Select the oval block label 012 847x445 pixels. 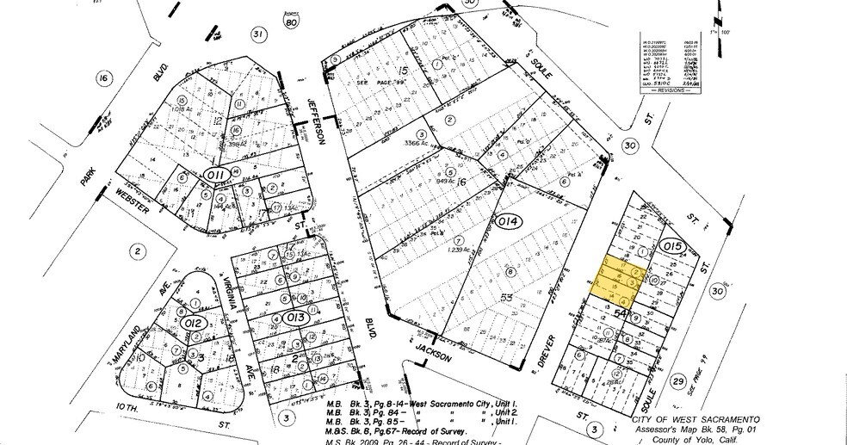pos(194,323)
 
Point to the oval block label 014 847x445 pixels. pos(509,222)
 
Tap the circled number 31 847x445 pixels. pos(257,34)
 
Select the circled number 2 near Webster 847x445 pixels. pos(136,251)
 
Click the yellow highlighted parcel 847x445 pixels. pos(616,281)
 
